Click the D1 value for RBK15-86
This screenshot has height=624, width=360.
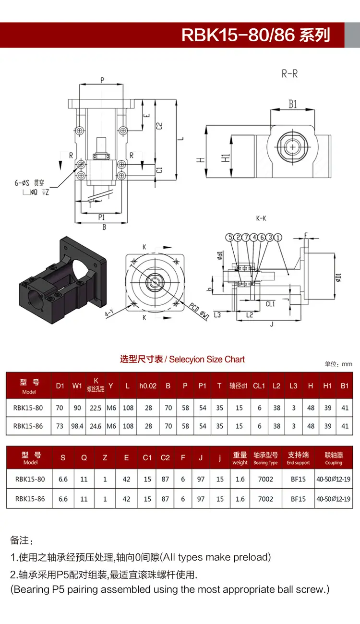click(x=60, y=426)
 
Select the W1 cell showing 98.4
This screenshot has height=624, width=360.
click(x=77, y=426)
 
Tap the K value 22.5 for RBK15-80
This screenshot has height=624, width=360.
click(x=96, y=408)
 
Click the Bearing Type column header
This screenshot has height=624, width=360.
click(x=265, y=458)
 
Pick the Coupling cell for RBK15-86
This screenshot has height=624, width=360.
click(x=333, y=499)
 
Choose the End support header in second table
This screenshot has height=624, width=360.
click(x=298, y=458)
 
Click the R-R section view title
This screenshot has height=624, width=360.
click(x=289, y=74)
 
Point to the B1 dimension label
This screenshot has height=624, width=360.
click(x=293, y=104)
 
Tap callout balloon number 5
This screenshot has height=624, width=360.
click(x=230, y=237)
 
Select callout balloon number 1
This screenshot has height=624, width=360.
click(x=278, y=237)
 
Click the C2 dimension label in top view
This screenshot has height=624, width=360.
click(x=159, y=126)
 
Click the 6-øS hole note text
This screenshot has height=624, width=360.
click(x=29, y=183)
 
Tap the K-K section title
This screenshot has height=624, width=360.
click(x=261, y=218)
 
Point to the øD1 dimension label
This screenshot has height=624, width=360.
click(x=338, y=277)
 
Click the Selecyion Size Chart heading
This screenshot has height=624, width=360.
click(x=207, y=360)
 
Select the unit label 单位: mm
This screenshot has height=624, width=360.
click(x=338, y=364)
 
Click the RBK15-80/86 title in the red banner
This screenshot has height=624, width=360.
click(x=256, y=35)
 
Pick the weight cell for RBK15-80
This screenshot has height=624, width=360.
click(x=240, y=479)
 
